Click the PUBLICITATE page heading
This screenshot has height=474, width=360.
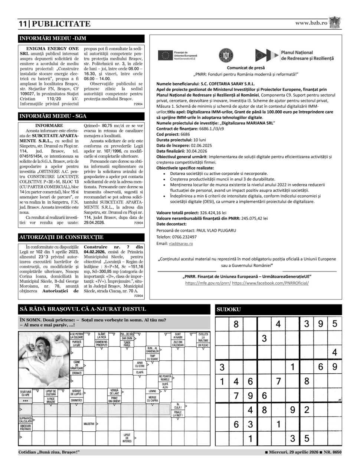click(60, 24)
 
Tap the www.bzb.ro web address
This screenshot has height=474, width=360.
click(311, 23)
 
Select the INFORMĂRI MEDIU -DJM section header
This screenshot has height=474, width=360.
click(53, 38)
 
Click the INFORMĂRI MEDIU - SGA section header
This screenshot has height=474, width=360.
click(53, 116)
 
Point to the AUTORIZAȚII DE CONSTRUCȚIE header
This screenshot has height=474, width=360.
click(61, 237)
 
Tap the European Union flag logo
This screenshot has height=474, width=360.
click(164, 55)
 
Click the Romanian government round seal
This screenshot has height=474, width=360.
click(226, 55)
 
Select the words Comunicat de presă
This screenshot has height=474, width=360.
click(246, 68)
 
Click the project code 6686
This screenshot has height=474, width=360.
click(185, 134)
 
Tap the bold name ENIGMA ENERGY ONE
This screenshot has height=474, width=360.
click(52, 49)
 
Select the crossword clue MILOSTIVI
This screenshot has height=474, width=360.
click(89, 424)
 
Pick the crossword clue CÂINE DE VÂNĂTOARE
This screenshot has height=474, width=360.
click(77, 365)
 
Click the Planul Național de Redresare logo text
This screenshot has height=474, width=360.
click(307, 56)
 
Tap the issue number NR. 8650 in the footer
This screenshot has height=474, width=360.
click(333, 452)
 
